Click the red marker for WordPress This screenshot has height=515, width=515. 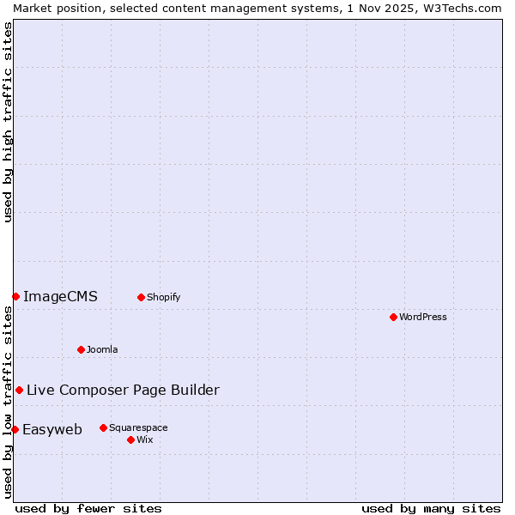coord(393,317)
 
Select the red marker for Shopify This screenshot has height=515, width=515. coord(141,297)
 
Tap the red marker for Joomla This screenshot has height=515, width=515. coord(81,349)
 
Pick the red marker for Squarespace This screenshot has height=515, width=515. coord(103,427)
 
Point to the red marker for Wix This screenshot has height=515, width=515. coord(130,439)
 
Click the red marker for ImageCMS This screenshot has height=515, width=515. coord(15,296)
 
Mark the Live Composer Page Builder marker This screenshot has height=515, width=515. coord(19,390)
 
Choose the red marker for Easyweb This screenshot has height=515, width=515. coord(15,429)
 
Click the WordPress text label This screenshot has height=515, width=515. coord(423,317)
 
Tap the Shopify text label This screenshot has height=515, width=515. coord(163,297)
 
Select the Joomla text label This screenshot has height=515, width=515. coord(102,349)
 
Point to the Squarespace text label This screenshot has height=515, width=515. coord(138,427)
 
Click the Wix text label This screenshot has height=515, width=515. coord(144,439)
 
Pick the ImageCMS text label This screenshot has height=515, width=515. coord(60,297)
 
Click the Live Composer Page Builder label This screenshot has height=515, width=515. coord(123,391)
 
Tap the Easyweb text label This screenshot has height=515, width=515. coord(52,430)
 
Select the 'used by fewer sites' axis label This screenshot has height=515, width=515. coord(88,508)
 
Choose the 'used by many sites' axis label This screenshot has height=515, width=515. coord(430,508)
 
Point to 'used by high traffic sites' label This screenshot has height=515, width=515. coord(8,122)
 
